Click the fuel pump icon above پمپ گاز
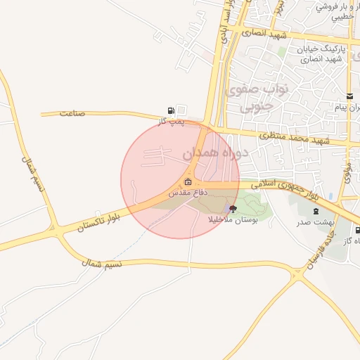coord(172,110)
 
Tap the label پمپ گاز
coord(169,121)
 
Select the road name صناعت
coord(72,112)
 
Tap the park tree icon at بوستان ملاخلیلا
coord(233,209)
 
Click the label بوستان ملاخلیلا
coord(233,219)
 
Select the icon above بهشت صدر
coord(316,210)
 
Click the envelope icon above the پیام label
coord(349,96)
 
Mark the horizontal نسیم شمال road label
coord(102,263)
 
